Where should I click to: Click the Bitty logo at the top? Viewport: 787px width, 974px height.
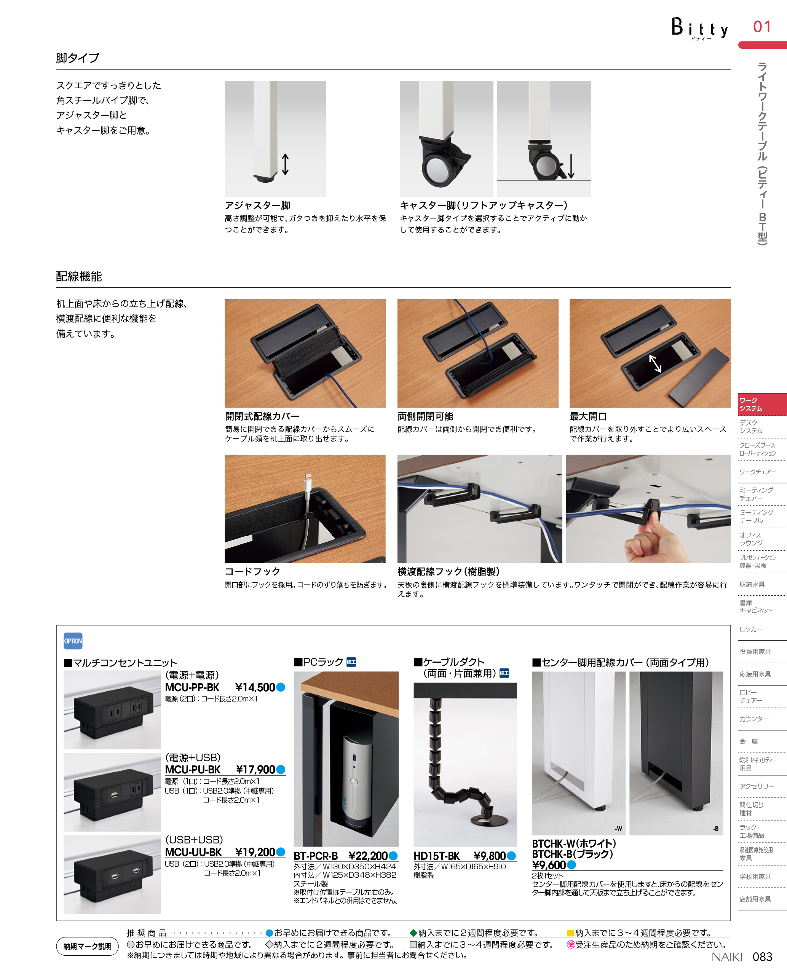coord(699,29)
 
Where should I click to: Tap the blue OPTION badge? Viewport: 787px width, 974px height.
coord(73,641)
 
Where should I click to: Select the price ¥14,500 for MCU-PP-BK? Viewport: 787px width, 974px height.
coord(255,687)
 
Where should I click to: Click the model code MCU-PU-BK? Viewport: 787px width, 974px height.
coord(193,769)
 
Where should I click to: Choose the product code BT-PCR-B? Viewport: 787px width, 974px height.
coord(316,856)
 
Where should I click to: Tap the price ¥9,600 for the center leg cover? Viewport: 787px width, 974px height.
coord(549,865)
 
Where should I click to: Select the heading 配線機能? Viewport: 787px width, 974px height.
coord(79,276)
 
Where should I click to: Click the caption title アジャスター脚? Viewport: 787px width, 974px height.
coord(257,205)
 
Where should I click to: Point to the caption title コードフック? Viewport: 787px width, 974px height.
coord(252,571)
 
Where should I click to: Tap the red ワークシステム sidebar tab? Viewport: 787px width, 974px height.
coord(763,404)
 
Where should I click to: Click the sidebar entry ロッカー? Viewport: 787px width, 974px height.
coord(751,629)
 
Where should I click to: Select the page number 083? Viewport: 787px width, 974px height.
coord(762,956)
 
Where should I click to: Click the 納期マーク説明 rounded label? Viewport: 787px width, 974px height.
coord(88,946)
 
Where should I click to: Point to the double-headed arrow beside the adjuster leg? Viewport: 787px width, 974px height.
coord(285,164)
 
